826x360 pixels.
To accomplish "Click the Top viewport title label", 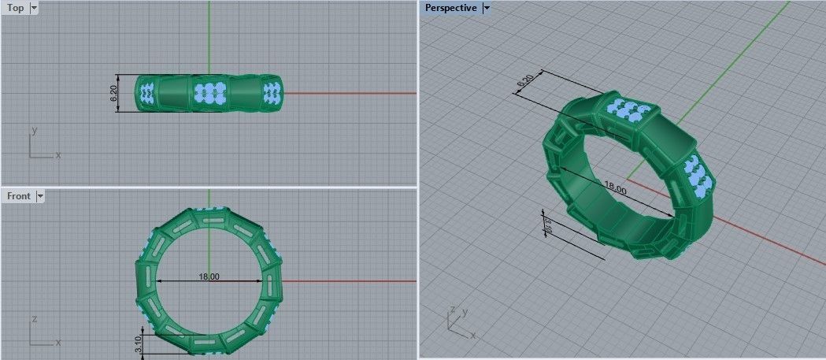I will tap(15, 8).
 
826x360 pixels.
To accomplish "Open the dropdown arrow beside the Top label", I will tap(34, 8).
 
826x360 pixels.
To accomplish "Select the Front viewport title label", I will tap(18, 195).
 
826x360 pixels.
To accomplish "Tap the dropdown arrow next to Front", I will tap(40, 195).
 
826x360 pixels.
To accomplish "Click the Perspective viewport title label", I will tap(450, 8).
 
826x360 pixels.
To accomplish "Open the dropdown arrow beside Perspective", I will tap(486, 8).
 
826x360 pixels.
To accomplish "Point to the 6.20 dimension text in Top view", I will tap(113, 94).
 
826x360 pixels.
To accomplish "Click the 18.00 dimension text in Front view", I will tap(209, 277).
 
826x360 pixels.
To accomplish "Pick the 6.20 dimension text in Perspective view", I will tap(525, 81).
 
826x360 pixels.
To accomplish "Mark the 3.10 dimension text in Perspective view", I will tap(548, 227).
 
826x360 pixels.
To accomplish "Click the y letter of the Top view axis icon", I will tap(35, 128).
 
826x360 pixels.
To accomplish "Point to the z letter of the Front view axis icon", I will tap(35, 319).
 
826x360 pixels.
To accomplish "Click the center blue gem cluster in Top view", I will tap(209, 92).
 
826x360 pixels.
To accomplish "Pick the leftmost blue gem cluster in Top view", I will tap(146, 93).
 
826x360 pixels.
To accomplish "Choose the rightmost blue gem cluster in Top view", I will tap(272, 92).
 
